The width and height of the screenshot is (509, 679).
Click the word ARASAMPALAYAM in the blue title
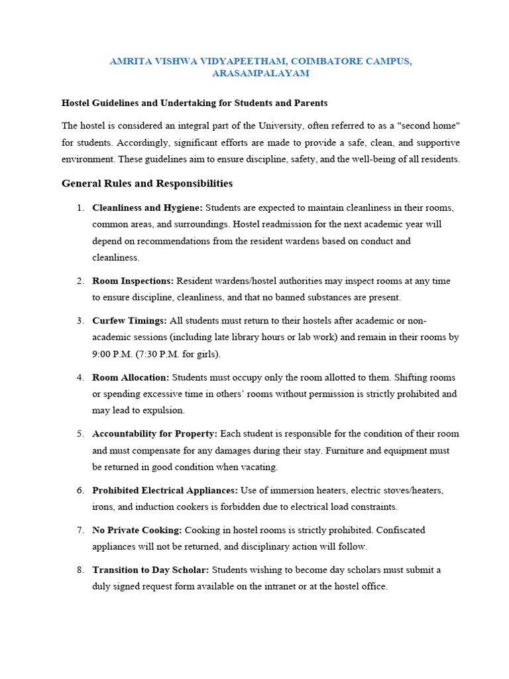coord(260,74)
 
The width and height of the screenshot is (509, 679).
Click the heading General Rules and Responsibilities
coord(147,183)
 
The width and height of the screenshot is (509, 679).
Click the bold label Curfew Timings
coord(130,320)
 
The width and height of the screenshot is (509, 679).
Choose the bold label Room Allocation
coord(131,377)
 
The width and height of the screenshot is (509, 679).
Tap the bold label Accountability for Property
coord(154,434)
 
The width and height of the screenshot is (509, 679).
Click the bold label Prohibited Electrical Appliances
coord(165,490)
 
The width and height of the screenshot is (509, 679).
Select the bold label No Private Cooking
coord(137,530)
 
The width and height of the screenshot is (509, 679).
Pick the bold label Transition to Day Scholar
coord(150,570)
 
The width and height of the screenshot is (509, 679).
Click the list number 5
coord(80,434)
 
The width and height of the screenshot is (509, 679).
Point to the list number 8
coord(80,570)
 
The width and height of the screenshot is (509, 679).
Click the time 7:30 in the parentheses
coord(156,354)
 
